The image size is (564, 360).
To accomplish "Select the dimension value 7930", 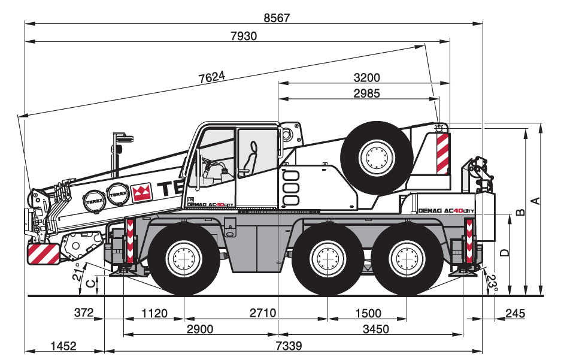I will (243, 36).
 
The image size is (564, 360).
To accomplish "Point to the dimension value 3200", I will (366, 78).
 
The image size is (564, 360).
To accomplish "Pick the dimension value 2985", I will (366, 93).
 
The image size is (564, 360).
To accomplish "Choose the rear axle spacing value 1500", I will (367, 313).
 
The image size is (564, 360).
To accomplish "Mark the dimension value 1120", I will (154, 313).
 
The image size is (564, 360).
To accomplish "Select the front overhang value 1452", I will (63, 346).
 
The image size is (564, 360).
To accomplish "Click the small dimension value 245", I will (515, 313).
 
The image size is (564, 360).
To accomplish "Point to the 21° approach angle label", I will (76, 273).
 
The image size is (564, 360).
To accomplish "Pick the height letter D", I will (505, 253).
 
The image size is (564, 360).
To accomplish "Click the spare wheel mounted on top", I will (377, 158).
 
